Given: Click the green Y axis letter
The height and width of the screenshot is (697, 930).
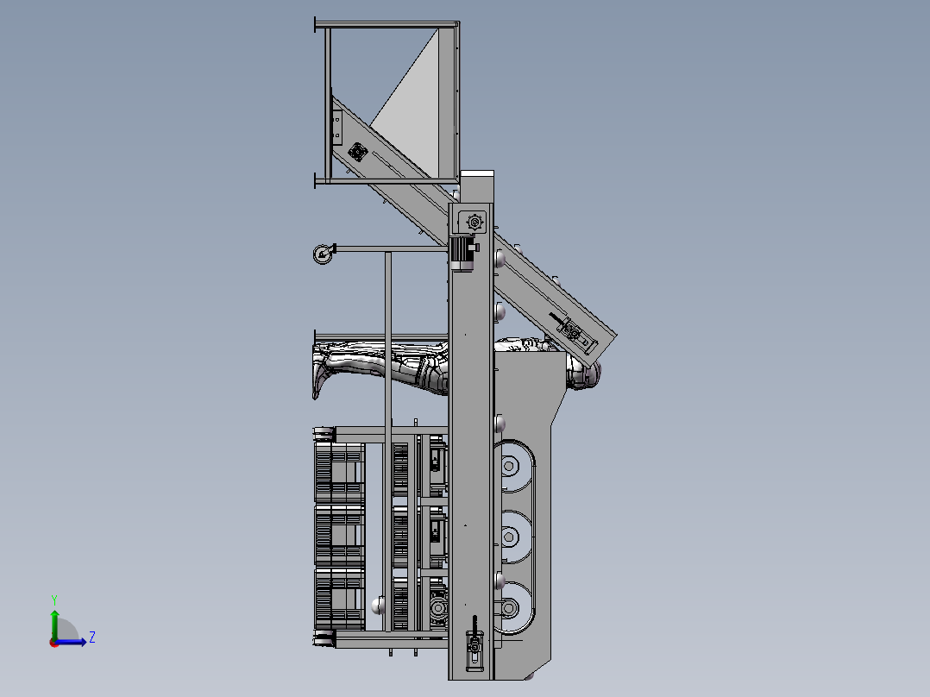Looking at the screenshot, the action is [54, 600].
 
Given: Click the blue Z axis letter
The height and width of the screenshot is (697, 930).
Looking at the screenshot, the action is [92, 637].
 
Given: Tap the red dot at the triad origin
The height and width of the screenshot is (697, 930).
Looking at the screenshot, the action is [54, 643].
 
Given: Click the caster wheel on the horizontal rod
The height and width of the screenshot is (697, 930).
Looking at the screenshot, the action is [322, 254].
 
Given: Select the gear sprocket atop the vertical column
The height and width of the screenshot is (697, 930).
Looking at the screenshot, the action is [474, 223].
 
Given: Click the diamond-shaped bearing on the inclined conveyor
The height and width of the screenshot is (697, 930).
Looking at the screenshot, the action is [357, 153].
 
